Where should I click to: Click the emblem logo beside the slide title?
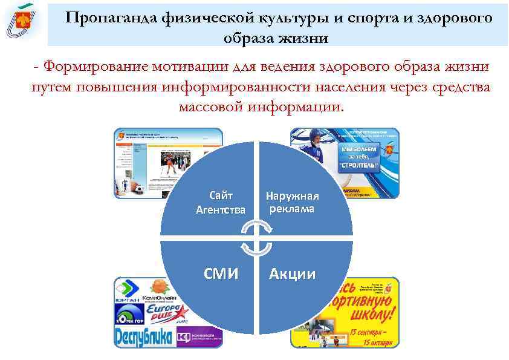(x=22, y=22)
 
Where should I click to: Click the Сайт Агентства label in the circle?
(x=221, y=203)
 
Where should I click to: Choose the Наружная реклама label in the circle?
(x=293, y=203)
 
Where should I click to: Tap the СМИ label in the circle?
(x=221, y=274)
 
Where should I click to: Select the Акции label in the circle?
(x=293, y=274)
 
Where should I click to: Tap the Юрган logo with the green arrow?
(x=128, y=291)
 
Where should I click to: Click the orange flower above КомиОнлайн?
(x=158, y=286)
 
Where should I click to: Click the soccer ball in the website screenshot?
(x=139, y=189)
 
